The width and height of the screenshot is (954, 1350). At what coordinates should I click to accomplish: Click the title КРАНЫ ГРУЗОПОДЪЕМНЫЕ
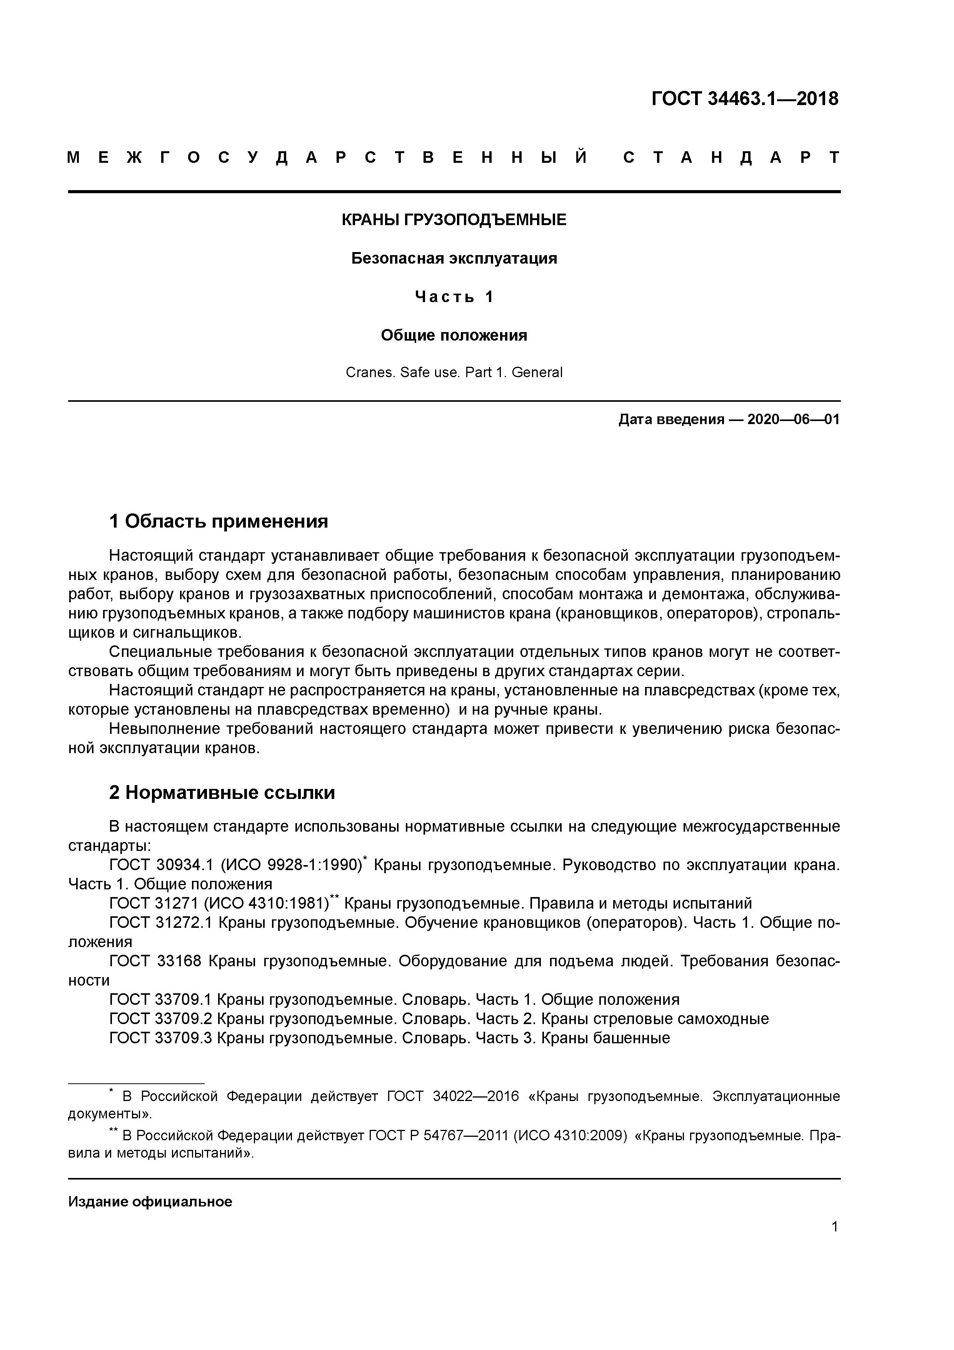tap(454, 220)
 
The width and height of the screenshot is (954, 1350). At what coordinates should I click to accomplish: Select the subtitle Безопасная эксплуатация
tap(454, 258)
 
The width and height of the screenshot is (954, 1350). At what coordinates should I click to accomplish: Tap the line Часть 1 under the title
tap(454, 297)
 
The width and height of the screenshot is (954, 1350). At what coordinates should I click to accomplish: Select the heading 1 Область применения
tap(218, 521)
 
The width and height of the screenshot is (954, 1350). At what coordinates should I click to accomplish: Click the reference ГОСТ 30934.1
tap(160, 865)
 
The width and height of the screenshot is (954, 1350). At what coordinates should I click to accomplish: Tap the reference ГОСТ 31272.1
tap(160, 922)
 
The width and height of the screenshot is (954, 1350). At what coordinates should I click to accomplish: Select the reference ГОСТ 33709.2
tap(160, 1018)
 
